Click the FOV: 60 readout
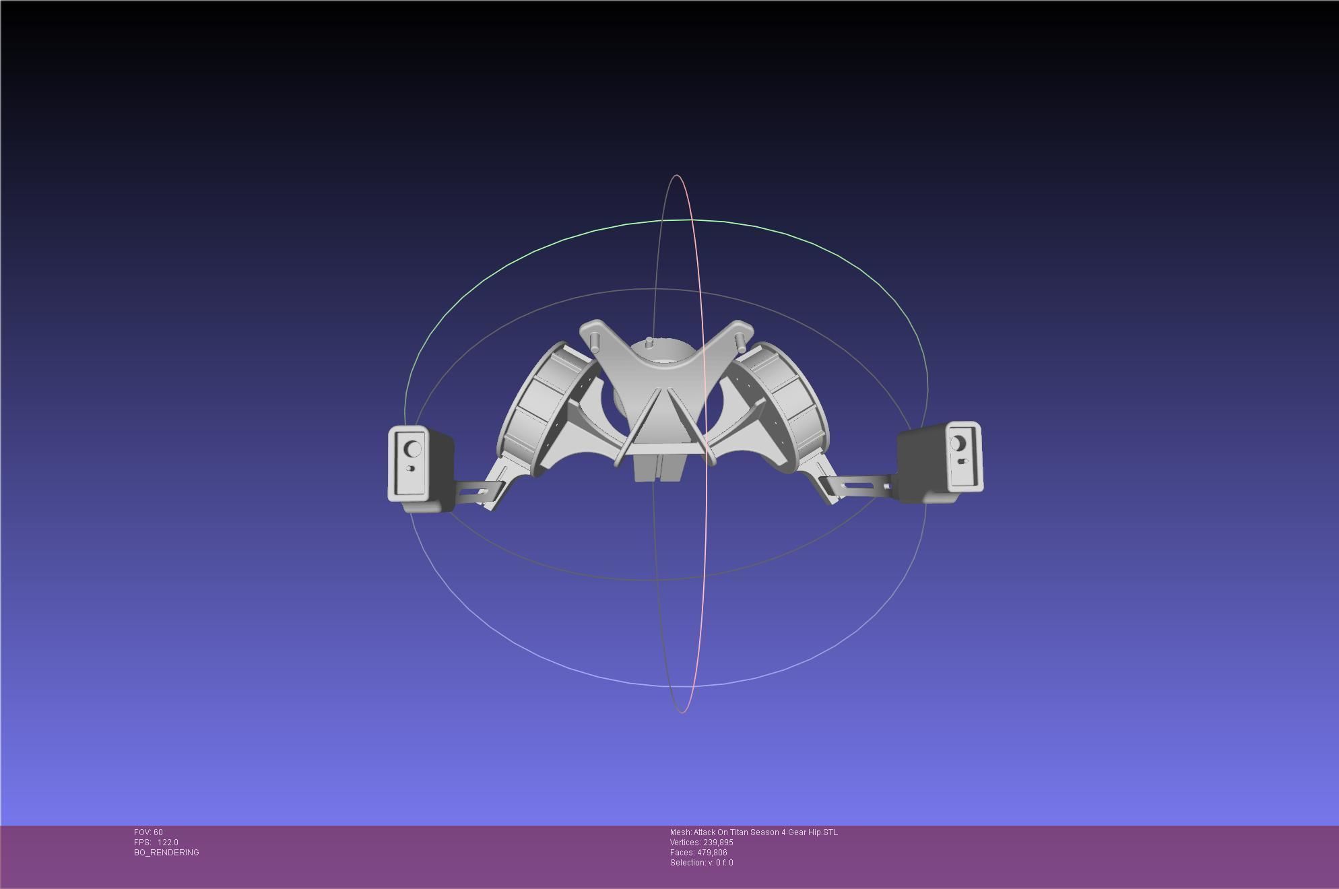click(148, 832)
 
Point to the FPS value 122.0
click(168, 843)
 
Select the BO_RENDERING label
click(166, 853)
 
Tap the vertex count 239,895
click(718, 843)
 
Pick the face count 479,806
click(712, 853)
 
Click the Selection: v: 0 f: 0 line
click(701, 863)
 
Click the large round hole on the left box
click(413, 449)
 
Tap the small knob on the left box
click(410, 468)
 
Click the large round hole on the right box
click(958, 444)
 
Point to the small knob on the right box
click(962, 461)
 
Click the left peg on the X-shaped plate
click(595, 341)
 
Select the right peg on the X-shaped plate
click(742, 340)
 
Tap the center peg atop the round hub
click(649, 343)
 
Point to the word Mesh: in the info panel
click(680, 832)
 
